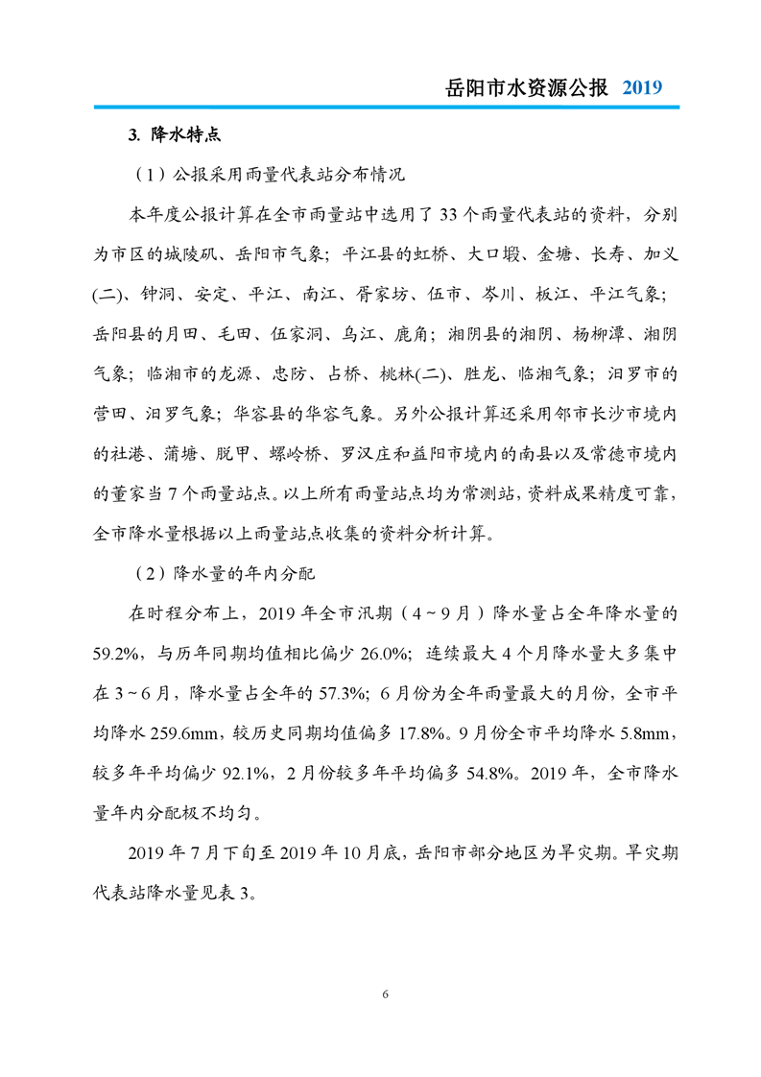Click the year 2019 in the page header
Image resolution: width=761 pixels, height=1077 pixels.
(642, 87)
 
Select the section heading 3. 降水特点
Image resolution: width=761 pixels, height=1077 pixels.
(174, 134)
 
